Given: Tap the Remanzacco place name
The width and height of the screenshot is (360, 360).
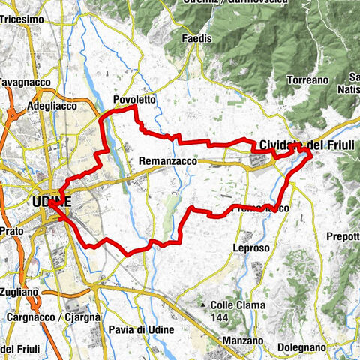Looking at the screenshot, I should pos(166,160).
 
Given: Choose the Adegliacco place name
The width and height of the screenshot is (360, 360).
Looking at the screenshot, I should pos(52,106).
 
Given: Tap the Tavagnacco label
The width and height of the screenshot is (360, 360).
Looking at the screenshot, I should pos(15,80).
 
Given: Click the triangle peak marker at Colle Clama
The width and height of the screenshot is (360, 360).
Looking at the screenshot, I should pos(204,304).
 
